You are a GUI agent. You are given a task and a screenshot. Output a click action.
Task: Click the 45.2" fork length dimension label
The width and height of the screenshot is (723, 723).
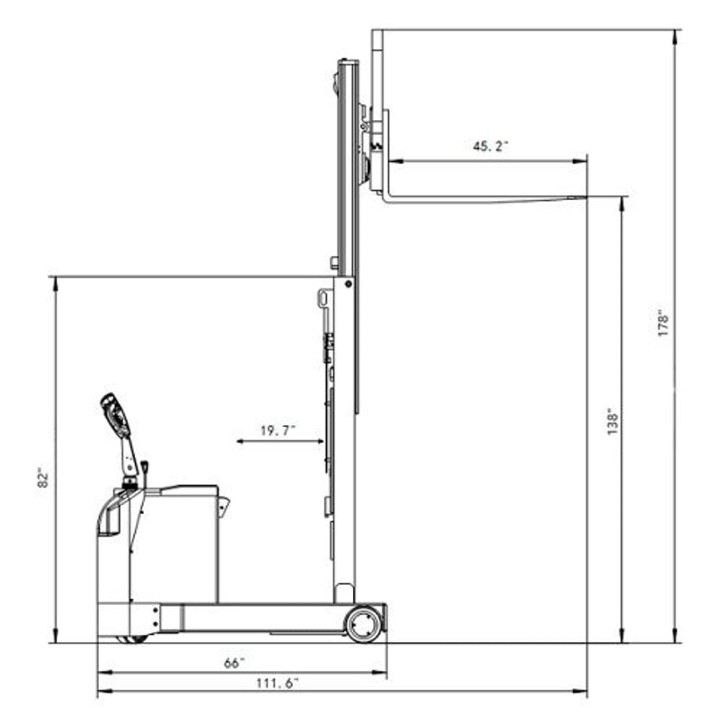pyautogui.click(x=490, y=146)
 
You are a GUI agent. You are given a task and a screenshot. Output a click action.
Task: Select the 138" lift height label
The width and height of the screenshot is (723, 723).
pyautogui.click(x=613, y=421)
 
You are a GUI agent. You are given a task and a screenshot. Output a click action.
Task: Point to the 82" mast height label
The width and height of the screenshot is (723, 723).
pyautogui.click(x=43, y=478)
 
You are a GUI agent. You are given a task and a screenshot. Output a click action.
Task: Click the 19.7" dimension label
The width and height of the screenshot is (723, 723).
pyautogui.click(x=278, y=430)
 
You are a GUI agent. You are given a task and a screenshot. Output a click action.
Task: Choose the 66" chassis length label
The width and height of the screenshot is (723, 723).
pyautogui.click(x=234, y=663)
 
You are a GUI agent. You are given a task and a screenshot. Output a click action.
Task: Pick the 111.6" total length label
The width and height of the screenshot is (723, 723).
pyautogui.click(x=277, y=683)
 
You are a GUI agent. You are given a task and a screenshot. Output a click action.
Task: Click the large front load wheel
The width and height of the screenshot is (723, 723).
pyautogui.click(x=364, y=625)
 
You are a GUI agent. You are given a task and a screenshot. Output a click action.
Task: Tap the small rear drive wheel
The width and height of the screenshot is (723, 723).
pyautogui.click(x=132, y=639)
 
